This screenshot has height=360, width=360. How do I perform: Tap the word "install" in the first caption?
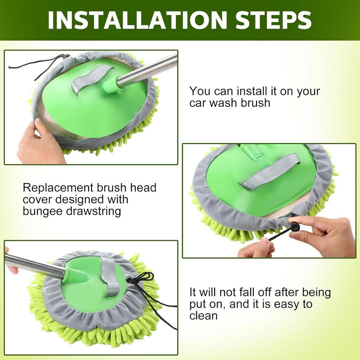[x=252, y=91]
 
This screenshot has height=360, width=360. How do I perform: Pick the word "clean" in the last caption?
[x=204, y=315]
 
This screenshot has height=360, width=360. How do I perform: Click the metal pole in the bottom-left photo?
[x=34, y=265]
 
